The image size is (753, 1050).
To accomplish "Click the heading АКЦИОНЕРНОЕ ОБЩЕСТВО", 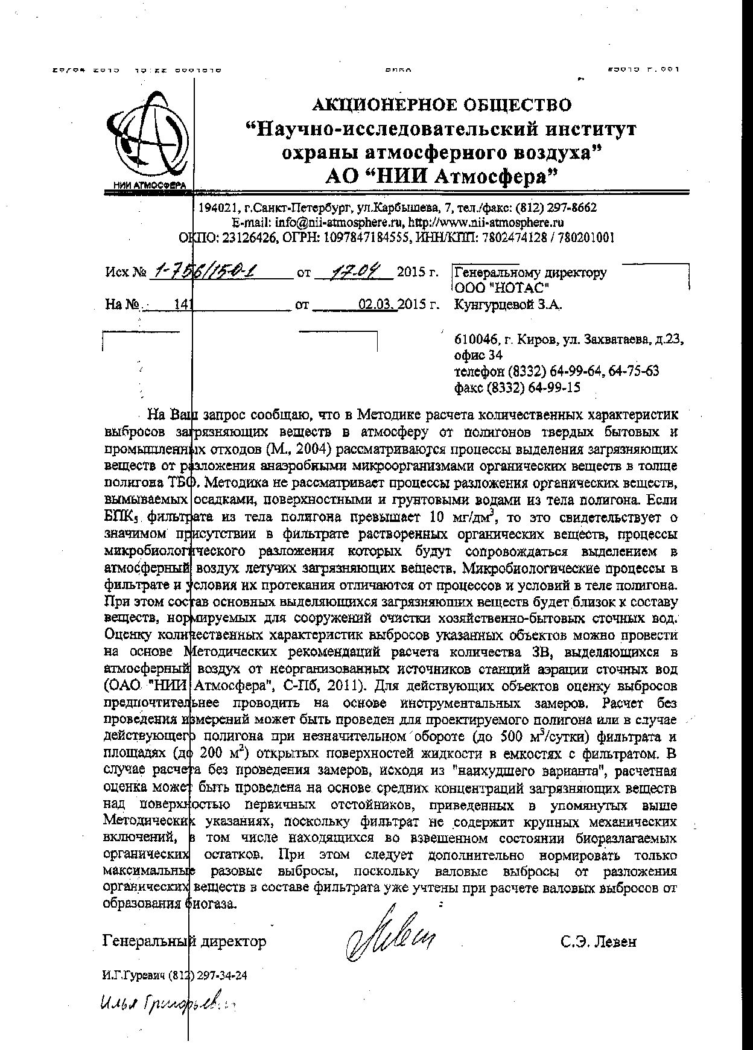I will pos(441,105).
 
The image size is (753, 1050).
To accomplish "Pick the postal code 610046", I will pos(473,339).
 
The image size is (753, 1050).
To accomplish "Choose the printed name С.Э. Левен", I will pos(597,941).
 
